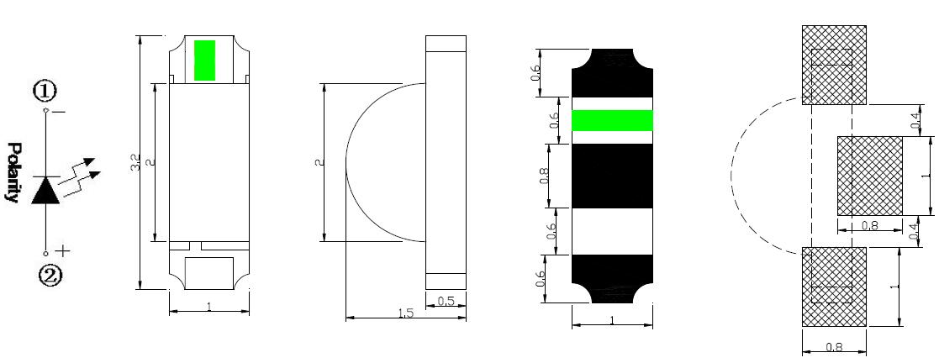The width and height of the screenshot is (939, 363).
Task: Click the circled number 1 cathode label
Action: click(45, 92)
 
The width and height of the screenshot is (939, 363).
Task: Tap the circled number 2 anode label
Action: click(50, 276)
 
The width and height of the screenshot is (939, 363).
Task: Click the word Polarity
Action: click(13, 173)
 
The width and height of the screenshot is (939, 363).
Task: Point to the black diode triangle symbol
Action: click(45, 191)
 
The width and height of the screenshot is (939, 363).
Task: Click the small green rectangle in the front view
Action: click(205, 60)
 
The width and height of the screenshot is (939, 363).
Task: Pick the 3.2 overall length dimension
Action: click(135, 162)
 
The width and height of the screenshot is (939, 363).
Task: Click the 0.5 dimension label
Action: click(446, 302)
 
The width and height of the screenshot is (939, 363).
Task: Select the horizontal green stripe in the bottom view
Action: click(612, 120)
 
